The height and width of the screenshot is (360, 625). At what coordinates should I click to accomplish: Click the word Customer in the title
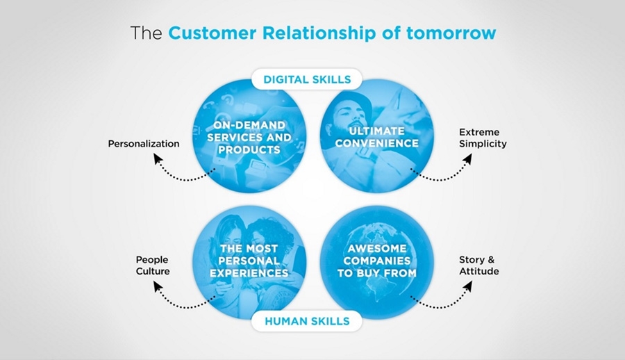tap(207, 33)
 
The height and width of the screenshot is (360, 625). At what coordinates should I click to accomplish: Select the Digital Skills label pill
tap(307, 79)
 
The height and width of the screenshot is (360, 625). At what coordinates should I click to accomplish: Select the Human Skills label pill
tap(306, 320)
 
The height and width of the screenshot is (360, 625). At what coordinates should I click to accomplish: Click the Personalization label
tap(144, 144)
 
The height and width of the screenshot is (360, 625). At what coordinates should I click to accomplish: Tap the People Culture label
tap(153, 265)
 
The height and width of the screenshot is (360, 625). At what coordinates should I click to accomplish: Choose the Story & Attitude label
tap(478, 265)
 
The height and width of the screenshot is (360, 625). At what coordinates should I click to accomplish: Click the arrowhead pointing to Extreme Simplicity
tap(467, 160)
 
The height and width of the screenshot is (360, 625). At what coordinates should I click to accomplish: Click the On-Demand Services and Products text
tap(249, 137)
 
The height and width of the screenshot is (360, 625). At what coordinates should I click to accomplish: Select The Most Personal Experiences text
tap(249, 261)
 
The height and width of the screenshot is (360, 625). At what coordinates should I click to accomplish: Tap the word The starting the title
tap(147, 33)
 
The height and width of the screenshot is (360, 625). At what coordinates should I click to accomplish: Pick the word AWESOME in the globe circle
tap(377, 248)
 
